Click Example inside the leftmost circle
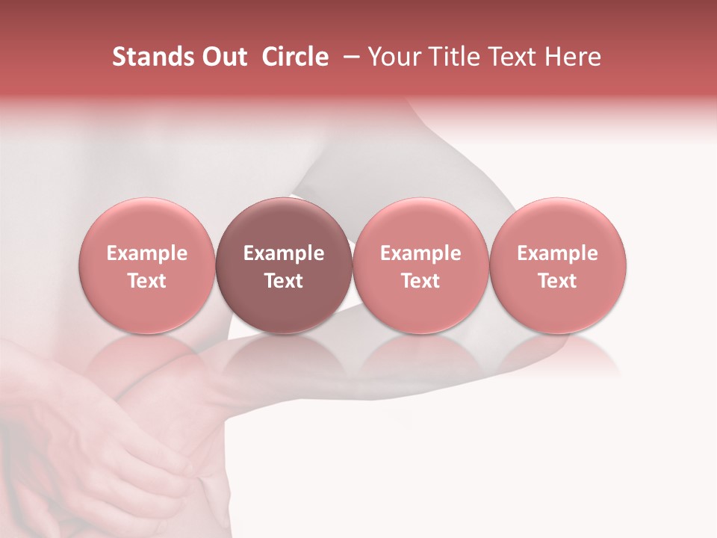pyautogui.click(x=147, y=253)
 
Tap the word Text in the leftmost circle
pyautogui.click(x=147, y=281)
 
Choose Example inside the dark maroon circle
pyautogui.click(x=284, y=253)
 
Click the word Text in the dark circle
pyautogui.click(x=284, y=281)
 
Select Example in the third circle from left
pyautogui.click(x=420, y=253)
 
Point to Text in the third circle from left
pyautogui.click(x=420, y=281)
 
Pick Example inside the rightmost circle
pyautogui.click(x=558, y=253)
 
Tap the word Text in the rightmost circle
pyautogui.click(x=558, y=281)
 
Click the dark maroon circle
pyautogui.click(x=284, y=224)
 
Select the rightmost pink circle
pyautogui.click(x=558, y=224)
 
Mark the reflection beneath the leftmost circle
pyautogui.click(x=147, y=359)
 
